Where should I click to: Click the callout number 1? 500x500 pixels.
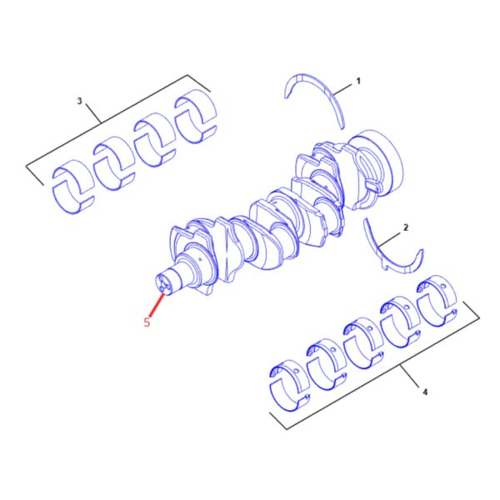(358, 81)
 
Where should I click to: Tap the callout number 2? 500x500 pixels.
(406, 227)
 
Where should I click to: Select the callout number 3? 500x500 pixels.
(79, 101)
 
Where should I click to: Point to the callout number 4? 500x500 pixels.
(425, 392)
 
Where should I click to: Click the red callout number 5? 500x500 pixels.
(147, 322)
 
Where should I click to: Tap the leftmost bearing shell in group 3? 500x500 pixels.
(72, 187)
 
